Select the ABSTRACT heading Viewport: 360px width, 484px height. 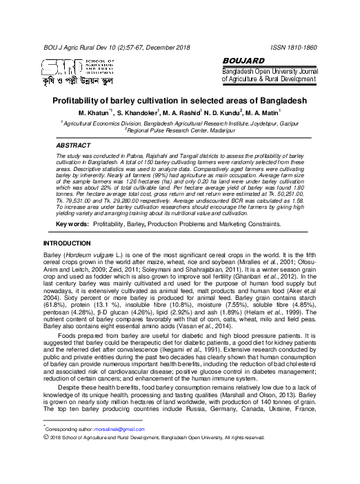click(72, 146)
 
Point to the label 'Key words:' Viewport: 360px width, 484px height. click(71, 205)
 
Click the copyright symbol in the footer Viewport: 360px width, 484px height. click(46, 437)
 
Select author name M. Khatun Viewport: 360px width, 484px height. click(94, 112)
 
